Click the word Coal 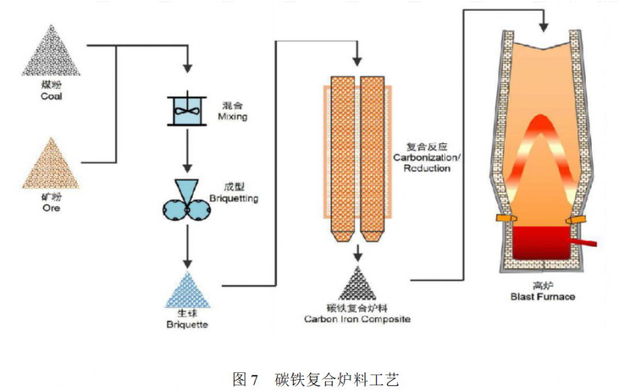pos(52,97)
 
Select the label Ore pos(52,209)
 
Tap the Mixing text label pos(234,117)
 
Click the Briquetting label pos(234,199)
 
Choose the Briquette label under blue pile pos(186,327)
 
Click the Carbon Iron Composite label pos(357,318)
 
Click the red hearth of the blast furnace pos(542,245)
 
